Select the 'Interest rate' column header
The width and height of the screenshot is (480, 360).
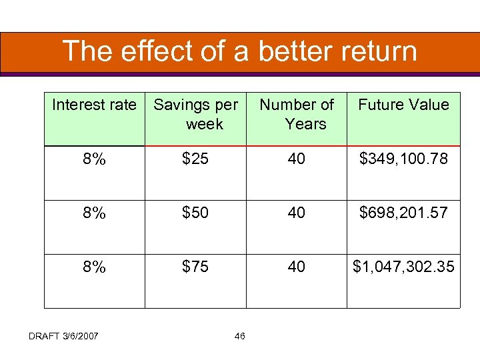click(94, 105)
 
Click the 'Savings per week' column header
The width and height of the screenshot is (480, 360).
click(195, 114)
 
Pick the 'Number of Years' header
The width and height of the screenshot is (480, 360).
click(297, 114)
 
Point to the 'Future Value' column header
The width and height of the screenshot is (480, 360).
click(403, 105)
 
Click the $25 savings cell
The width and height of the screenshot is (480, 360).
click(195, 159)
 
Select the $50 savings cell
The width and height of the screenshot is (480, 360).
click(195, 213)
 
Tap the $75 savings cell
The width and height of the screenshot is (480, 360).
click(195, 267)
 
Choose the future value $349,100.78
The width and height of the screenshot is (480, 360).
click(403, 159)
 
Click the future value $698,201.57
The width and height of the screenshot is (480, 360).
click(403, 213)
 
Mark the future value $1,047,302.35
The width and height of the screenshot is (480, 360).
click(403, 267)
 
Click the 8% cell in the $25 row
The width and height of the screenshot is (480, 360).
click(94, 159)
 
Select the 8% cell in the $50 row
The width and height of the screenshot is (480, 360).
click(94, 213)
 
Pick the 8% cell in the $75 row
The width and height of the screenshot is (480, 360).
click(94, 267)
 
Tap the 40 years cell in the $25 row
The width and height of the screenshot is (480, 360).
click(297, 159)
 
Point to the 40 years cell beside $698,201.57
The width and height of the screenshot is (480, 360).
click(297, 213)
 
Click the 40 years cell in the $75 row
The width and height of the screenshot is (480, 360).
click(297, 267)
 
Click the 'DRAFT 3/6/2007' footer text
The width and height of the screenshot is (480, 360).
click(63, 335)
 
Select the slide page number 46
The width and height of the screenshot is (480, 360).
click(240, 335)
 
